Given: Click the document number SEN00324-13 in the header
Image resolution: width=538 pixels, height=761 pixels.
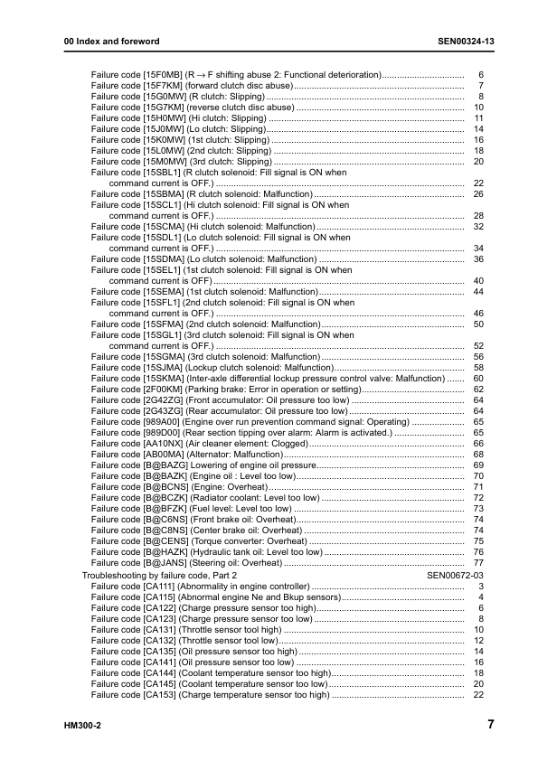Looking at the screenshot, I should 466,42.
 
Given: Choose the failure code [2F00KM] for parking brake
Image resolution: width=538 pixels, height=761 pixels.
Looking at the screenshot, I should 163,389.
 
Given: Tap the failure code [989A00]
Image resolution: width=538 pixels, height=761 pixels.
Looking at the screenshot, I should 161,421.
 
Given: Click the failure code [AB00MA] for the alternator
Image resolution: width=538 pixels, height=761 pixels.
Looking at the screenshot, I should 163,454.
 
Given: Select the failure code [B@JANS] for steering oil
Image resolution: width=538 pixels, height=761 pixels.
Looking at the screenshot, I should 163,562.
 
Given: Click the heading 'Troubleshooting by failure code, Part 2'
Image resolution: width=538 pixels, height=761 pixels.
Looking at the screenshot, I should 159,575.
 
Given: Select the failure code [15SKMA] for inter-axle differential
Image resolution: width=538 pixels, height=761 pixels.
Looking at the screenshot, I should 163,378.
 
